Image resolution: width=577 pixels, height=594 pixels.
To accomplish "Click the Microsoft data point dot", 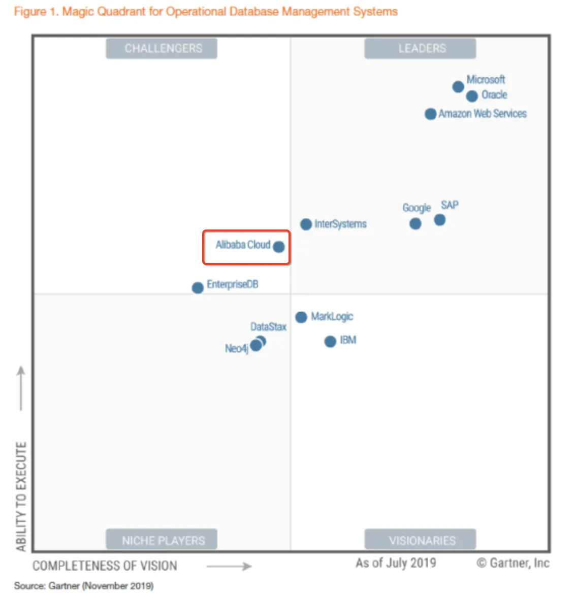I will click(458, 87).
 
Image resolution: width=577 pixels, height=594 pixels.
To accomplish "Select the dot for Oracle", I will click(472, 96).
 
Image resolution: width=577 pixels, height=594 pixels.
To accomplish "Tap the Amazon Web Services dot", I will click(430, 114).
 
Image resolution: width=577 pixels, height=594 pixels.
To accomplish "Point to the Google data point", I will click(415, 224).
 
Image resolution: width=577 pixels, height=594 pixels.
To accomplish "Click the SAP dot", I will click(440, 220).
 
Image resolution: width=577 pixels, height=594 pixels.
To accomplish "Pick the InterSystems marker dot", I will click(306, 224).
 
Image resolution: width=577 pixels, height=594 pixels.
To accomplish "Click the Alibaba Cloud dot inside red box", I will click(279, 247).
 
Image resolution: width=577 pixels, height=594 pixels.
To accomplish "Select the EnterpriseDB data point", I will click(198, 288).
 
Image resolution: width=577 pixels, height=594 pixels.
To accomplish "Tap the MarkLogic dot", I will click(301, 317).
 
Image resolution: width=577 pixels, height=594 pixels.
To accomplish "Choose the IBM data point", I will click(330, 342).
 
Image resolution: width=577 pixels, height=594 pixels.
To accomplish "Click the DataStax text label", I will click(268, 326).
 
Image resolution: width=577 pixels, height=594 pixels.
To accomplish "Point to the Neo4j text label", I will click(236, 348).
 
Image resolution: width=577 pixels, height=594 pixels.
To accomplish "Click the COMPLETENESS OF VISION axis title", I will click(105, 566).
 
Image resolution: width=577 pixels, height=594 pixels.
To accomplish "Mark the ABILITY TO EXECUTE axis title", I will click(21, 496).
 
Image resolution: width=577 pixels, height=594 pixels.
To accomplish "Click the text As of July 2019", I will click(396, 563).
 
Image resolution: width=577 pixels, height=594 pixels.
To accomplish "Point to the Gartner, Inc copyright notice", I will click(513, 563).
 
